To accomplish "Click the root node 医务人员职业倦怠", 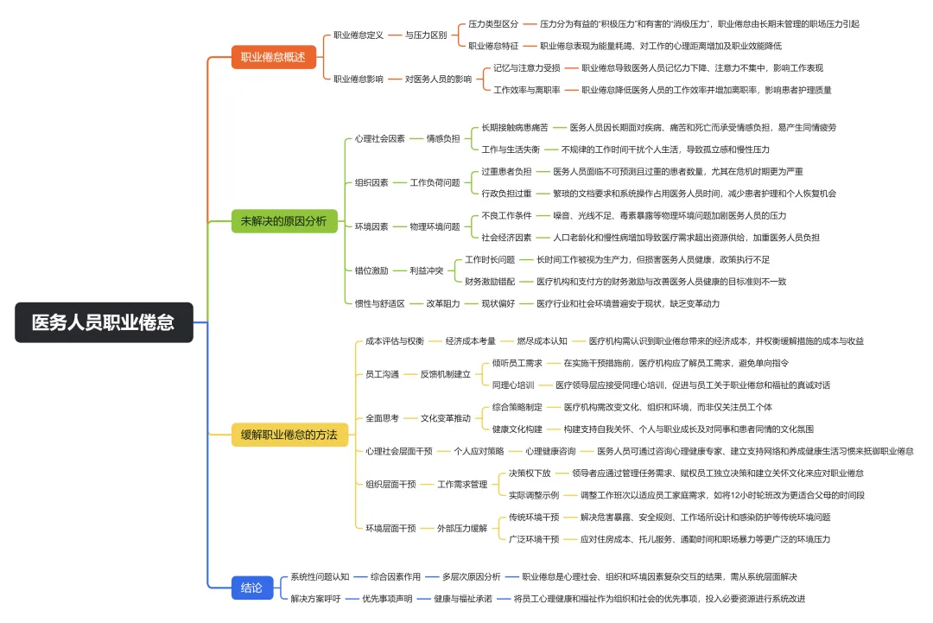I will pos(103,322).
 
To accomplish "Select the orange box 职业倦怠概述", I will pos(273,57).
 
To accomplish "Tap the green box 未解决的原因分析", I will pos(283,221).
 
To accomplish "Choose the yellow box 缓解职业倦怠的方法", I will pos(289,434).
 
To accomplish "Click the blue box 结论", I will pos(251,588).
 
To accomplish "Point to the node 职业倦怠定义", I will pos(359,35).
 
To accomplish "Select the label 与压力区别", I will pos(430,35).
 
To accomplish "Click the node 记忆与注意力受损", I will pos(526,67).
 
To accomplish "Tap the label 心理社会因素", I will pos(379,138).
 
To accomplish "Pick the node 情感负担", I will pos(442,138).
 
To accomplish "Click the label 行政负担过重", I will pos(506,194).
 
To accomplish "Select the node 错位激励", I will pos(371,270).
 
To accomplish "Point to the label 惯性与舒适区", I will pos(380,303).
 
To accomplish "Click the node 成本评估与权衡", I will pos(395,341).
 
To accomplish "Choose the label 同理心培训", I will pos(513,385).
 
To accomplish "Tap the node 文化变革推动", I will pos(446,418).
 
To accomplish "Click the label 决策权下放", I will pos(530,473).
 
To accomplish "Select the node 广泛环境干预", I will pos(534,539).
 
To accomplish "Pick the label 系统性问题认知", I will pos(320,576).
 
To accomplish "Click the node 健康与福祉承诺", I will pos(463,598).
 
